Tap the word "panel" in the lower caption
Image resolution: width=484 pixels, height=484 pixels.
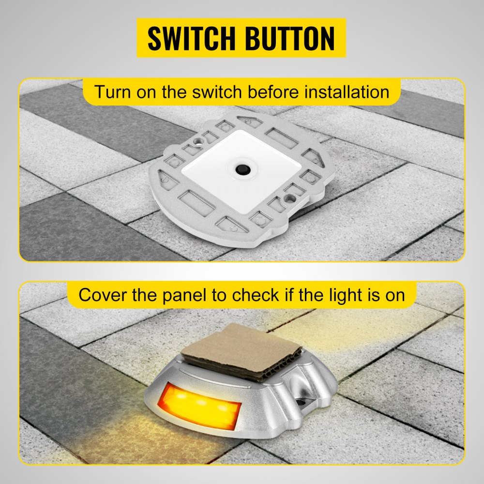click(187, 295)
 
